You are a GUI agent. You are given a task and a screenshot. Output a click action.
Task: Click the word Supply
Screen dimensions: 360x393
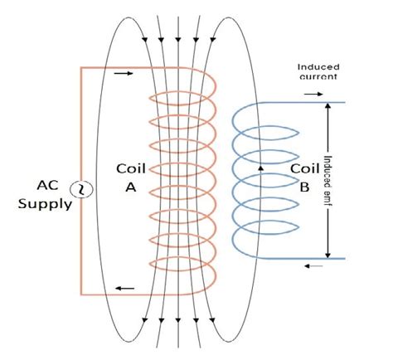pyautogui.click(x=45, y=202)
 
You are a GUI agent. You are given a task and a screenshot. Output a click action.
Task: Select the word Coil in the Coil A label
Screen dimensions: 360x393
pyautogui.click(x=130, y=169)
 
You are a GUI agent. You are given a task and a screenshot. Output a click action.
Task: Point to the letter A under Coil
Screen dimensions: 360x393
pyautogui.click(x=130, y=187)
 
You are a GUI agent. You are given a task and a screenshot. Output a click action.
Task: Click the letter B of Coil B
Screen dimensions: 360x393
pyautogui.click(x=303, y=187)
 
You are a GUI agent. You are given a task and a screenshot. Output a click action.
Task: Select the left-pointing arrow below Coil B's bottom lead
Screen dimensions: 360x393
pyautogui.click(x=308, y=266)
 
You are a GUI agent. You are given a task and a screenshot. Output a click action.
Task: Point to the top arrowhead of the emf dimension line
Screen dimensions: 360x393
pyautogui.click(x=329, y=107)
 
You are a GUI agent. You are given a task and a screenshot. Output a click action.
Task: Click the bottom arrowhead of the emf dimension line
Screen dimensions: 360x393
pyautogui.click(x=329, y=254)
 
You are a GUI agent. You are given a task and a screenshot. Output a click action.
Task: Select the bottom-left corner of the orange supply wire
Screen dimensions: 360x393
pyautogui.click(x=81, y=294)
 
